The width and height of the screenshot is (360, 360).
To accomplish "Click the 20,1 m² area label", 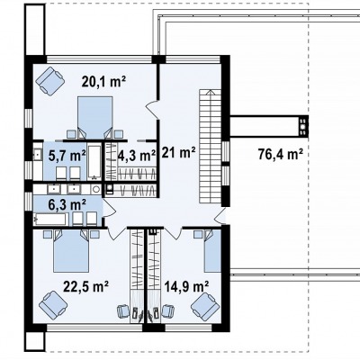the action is coord(103,81).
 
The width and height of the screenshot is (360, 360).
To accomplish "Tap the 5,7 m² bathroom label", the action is coord(67,155).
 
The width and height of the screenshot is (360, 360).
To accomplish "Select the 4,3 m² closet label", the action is coord(137,155).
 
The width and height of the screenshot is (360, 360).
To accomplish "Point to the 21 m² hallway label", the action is coord(179,153).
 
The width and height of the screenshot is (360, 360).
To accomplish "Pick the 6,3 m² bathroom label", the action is coord(67,204).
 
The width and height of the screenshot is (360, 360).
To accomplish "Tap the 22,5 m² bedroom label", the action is coord(85,286).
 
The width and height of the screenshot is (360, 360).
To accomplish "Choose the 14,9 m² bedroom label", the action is coord(186,286).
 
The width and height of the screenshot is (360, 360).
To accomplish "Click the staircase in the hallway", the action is coord(210,146).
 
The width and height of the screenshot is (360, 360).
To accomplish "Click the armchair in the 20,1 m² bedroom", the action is coord(50,80).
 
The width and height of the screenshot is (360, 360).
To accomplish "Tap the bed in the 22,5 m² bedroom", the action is coord(71,251).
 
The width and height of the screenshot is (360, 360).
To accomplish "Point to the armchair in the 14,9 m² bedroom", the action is coord(205,306).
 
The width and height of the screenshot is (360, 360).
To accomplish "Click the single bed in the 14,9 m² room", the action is coord(212,251).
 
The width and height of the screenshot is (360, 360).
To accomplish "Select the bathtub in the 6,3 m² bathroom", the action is coord(50,220).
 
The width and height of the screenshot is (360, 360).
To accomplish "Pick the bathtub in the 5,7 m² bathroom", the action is coord(94,162).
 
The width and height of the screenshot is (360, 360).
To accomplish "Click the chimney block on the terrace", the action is coord(303,126).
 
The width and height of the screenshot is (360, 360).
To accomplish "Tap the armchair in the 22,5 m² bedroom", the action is coord(53,306).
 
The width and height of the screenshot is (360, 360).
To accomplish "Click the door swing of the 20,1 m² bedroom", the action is coord(152,107).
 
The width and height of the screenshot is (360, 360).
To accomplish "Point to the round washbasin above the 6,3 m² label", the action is coord(96,189).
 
